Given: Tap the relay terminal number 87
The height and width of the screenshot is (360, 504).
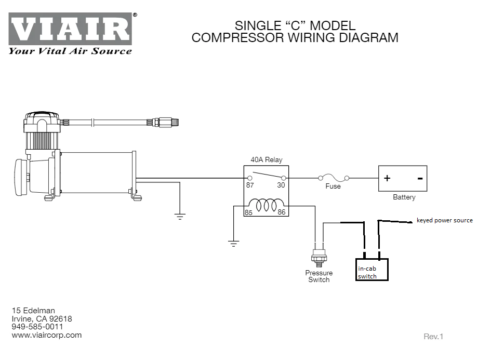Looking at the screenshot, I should [x=250, y=185].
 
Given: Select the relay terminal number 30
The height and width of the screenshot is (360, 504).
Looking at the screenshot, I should [x=281, y=185].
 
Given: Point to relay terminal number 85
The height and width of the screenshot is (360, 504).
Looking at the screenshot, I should [x=249, y=212].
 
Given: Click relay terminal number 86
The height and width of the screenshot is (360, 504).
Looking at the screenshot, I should [x=282, y=212].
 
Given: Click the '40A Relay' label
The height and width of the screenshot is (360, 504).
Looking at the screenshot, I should [x=267, y=160].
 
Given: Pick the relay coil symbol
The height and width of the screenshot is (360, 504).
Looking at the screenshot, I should [x=266, y=205].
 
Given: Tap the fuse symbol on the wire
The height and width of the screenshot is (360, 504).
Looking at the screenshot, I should [x=333, y=178].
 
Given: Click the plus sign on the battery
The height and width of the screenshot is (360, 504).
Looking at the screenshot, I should [x=387, y=179].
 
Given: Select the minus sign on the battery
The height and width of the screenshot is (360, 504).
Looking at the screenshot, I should [x=419, y=179].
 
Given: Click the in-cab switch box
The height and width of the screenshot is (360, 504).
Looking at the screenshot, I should [x=373, y=270].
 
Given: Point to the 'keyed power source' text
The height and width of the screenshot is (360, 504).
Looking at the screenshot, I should [x=445, y=220].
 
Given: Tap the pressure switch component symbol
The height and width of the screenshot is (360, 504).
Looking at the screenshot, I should [x=318, y=255].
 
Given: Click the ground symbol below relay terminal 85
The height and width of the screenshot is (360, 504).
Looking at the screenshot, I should [x=233, y=243].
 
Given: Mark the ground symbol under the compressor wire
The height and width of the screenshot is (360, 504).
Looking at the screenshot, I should [x=180, y=217].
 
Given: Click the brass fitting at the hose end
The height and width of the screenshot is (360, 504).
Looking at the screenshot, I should [x=166, y=122].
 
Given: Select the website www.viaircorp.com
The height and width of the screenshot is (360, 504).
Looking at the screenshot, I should [x=47, y=335].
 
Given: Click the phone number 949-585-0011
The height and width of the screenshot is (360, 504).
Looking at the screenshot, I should [x=37, y=327].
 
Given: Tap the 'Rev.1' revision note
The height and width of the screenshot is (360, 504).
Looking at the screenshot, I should [x=433, y=337].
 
